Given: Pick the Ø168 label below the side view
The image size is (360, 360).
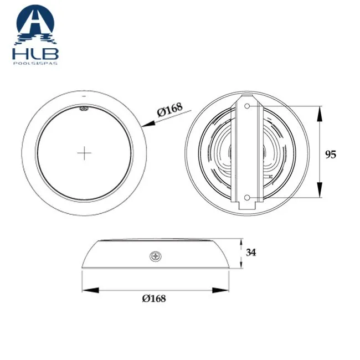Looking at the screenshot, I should click(x=154, y=298).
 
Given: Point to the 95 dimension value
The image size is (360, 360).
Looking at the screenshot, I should click(x=331, y=154).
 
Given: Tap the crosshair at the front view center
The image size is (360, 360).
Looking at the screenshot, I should click(x=84, y=153).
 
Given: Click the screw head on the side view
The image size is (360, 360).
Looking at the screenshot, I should click(x=154, y=256).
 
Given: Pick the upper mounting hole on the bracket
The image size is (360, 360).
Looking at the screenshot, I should click(x=246, y=106).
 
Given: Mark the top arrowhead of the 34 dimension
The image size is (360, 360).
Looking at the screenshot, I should click(x=241, y=243).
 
